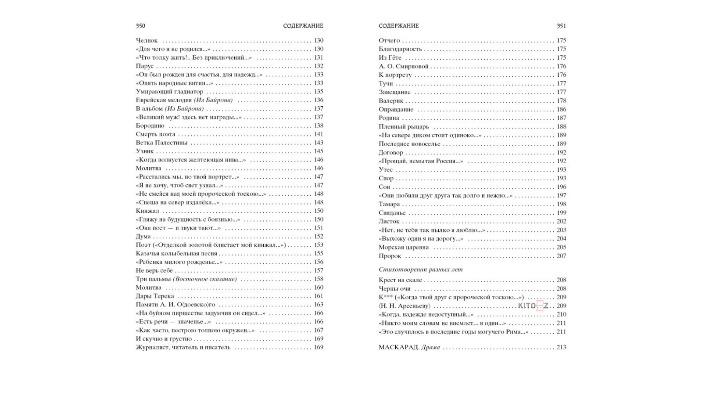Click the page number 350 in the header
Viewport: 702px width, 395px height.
pos(140,26)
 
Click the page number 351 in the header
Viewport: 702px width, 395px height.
pos(561,26)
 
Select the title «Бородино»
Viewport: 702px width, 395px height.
pos(150,126)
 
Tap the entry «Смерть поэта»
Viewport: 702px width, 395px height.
pos(155,134)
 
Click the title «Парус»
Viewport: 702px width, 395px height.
pos(145,66)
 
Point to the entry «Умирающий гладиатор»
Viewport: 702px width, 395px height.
pos(169,92)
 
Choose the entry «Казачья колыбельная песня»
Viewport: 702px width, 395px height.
pos(176,254)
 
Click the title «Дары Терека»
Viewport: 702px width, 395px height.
pos(155,296)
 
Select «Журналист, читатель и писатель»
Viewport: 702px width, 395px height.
pos(183,348)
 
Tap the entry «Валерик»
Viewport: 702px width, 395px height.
pos(391,101)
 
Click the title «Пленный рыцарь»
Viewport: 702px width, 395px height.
pos(404,127)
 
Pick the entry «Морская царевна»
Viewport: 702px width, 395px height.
pos(404,248)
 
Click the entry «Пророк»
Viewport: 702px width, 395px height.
pos(390,256)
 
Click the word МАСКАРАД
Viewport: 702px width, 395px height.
pos(398,348)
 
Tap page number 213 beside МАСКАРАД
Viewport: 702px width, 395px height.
pos(561,348)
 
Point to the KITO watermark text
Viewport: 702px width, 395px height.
pos(533,306)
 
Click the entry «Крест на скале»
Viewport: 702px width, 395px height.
pos(400,280)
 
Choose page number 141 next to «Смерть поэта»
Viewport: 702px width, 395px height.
pos(319,134)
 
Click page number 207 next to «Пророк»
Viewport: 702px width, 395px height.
pos(561,256)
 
